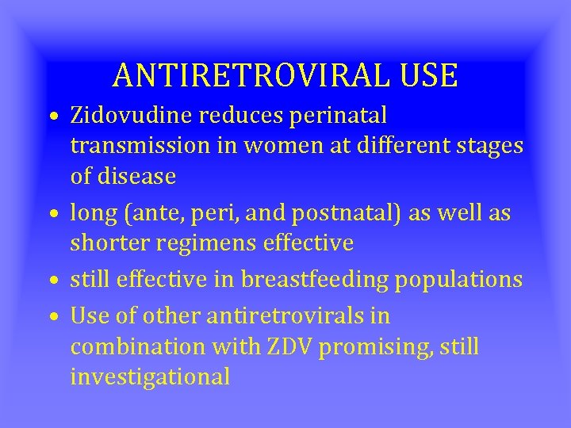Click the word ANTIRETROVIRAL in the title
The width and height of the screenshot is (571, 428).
[251, 75]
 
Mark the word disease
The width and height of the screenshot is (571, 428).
[139, 177]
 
